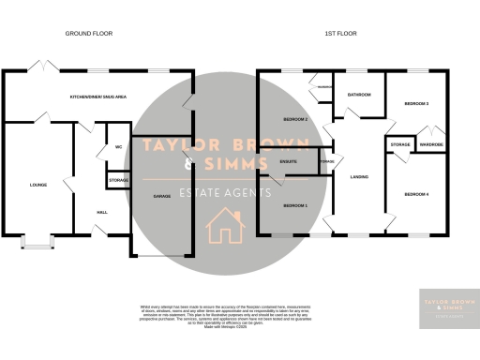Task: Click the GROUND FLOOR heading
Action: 88,33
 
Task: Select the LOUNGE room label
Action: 37,185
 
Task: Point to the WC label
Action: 119,147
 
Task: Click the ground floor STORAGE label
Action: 118,179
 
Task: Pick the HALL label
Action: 101,212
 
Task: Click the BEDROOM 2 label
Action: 295,119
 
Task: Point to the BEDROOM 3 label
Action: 416,103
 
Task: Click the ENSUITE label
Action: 290,161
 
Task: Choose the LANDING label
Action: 358,176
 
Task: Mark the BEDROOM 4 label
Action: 416,194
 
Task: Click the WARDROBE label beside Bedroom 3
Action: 430,145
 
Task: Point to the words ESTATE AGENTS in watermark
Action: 224,192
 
